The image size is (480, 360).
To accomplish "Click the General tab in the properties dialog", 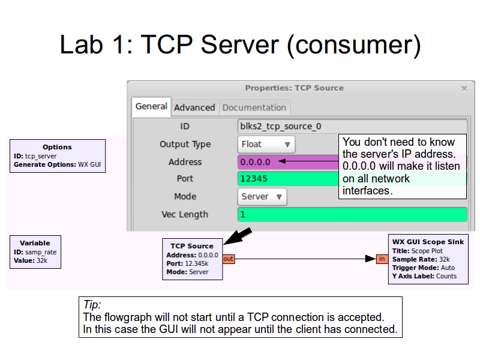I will (151, 106).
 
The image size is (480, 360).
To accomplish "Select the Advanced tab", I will (194, 107).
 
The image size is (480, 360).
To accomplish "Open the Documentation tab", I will (254, 107).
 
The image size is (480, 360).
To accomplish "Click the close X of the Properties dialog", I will (463, 88).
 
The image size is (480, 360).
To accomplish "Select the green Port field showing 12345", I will (288, 179).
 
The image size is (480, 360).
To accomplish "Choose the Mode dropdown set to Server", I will (262, 196).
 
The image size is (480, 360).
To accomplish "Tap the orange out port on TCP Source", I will (229, 259).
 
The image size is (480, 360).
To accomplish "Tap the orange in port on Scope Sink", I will (382, 259).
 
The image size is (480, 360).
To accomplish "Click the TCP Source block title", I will (192, 245).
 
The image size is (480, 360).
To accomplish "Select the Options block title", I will (57, 147).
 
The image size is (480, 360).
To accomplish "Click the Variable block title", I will (35, 243).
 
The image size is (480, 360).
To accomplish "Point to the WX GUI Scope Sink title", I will (428, 242).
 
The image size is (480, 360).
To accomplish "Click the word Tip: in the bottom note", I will (92, 305).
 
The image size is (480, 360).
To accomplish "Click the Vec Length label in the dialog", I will (185, 214).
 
